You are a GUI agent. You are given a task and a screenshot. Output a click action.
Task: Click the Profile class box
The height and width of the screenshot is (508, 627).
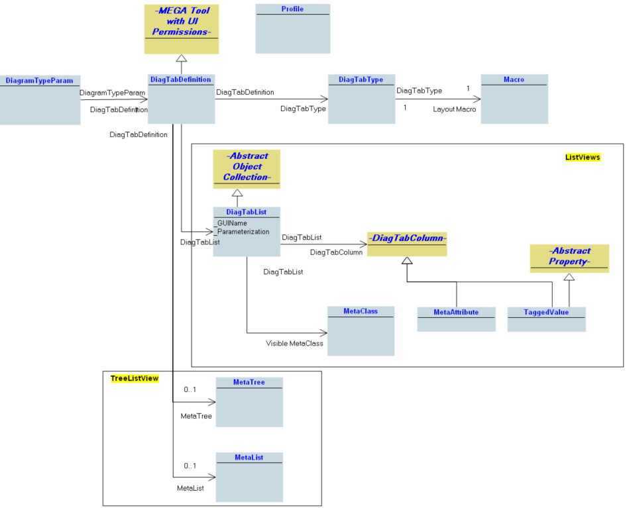pos(292,28)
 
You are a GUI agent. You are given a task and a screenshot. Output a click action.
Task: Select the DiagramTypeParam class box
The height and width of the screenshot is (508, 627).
pos(40,100)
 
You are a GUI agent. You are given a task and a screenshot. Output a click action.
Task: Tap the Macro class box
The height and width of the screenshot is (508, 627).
pos(514,99)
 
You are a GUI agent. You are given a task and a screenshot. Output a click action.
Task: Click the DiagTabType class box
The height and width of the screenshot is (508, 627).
pos(361,99)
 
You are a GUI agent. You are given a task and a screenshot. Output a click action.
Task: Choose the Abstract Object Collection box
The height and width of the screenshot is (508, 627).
pos(246,168)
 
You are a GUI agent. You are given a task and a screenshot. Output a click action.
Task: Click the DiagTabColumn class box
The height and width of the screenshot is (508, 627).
pos(407,244)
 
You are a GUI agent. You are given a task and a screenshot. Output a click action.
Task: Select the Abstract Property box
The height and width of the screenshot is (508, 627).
pos(569,258)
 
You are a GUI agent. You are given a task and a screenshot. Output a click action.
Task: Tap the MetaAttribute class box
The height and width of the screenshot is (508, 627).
pos(456,319)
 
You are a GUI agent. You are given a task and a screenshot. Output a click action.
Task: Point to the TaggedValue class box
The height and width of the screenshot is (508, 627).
pos(546,319)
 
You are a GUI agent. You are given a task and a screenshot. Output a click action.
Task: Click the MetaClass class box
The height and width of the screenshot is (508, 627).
pos(361,330)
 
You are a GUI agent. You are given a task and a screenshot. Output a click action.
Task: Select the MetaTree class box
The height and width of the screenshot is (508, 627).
pos(249,402)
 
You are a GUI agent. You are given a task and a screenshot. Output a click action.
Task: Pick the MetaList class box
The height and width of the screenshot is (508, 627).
pos(249,477)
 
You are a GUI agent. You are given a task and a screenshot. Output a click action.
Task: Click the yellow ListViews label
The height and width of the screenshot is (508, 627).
pos(582,157)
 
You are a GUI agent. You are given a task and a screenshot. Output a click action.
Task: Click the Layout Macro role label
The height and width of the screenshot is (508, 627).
pos(454,109)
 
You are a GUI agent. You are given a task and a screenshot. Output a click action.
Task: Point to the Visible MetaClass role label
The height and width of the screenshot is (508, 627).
pos(294,344)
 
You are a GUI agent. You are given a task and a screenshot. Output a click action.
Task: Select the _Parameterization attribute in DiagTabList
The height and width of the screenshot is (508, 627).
pos(242,232)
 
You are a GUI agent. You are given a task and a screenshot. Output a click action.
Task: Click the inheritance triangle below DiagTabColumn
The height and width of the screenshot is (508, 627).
pos(407,260)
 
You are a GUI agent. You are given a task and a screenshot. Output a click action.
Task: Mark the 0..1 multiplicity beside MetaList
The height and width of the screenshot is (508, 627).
pos(190,466)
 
